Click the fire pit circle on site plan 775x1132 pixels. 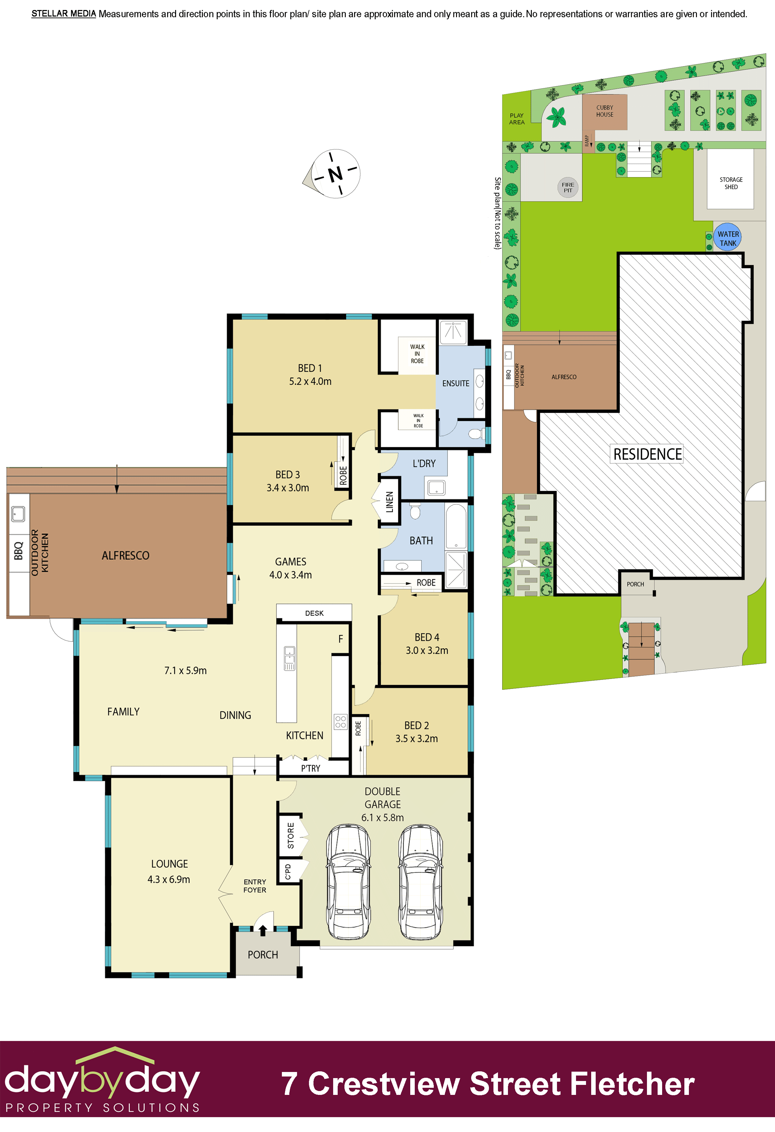(568, 187)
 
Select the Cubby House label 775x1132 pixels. (605, 111)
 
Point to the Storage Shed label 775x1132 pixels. (731, 183)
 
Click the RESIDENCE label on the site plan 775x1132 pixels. (647, 454)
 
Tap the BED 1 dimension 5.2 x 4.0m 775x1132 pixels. (310, 381)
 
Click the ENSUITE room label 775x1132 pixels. (456, 383)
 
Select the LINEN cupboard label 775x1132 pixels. (390, 502)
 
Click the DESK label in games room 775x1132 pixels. (314, 613)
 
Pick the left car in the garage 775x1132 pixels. (348, 882)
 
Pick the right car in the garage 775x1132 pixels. (420, 882)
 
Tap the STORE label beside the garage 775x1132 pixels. (291, 835)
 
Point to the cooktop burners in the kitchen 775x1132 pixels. (340, 722)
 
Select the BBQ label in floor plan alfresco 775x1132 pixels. (18, 551)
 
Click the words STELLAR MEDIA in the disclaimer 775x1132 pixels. (64, 14)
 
